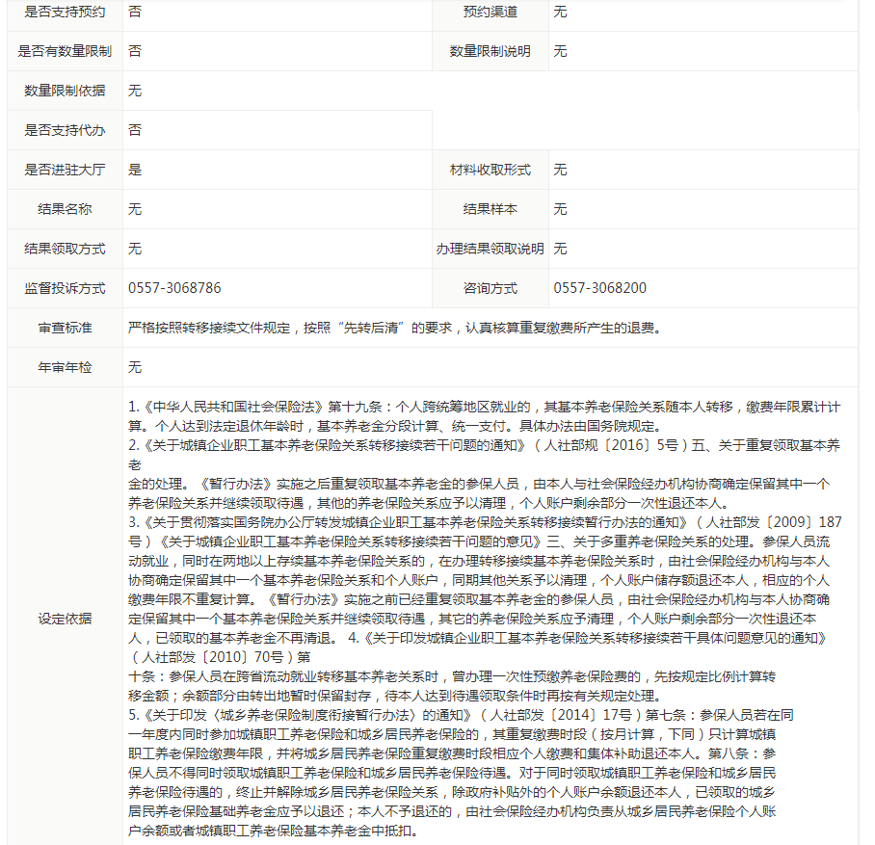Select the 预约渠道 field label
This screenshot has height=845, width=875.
point(490,12)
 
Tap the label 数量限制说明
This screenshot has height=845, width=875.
point(490,51)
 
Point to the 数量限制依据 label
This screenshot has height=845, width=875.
point(65,91)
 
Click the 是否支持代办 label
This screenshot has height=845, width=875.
point(65,130)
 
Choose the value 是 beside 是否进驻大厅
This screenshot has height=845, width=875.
point(135,170)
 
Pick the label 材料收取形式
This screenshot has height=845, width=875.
point(490,170)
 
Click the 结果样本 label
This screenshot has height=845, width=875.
point(490,209)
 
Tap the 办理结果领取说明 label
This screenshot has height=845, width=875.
point(490,249)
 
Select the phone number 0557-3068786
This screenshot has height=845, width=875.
point(174,288)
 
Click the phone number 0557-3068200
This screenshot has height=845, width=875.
point(600,288)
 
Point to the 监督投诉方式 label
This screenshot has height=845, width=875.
point(65,288)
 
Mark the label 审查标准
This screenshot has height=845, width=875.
point(65,328)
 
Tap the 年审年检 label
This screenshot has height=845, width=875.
point(65,367)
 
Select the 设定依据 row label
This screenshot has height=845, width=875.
point(65,618)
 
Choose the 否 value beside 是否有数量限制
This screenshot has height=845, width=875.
point(135,51)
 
